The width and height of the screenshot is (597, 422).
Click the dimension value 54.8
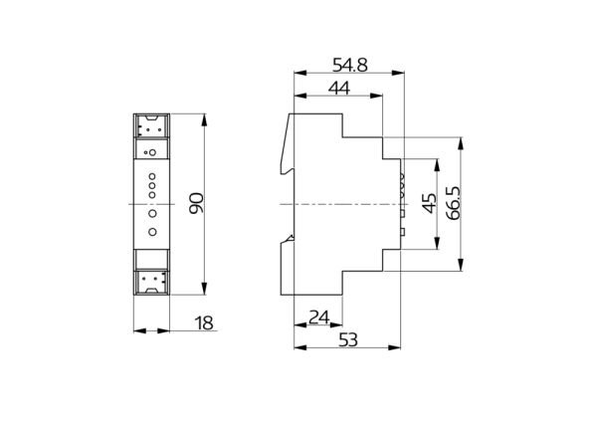(x=349, y=65)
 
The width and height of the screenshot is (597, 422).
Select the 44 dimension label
(x=339, y=89)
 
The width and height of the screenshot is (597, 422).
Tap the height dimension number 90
(x=196, y=204)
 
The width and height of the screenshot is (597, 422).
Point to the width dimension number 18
(x=204, y=322)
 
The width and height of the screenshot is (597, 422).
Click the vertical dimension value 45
(x=430, y=204)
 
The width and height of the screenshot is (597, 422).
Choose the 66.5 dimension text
(x=453, y=204)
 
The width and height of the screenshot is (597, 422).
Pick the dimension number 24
(x=318, y=317)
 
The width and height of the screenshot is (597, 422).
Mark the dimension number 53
(x=348, y=340)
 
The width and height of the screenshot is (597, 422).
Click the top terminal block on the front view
(x=151, y=127)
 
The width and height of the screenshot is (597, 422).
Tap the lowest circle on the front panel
(x=151, y=232)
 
